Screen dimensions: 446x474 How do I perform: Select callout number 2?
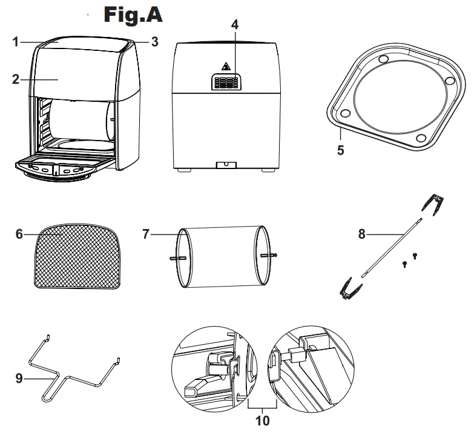pyautogui.click(x=17, y=79)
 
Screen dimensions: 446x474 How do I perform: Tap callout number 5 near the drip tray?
pyautogui.click(x=340, y=149)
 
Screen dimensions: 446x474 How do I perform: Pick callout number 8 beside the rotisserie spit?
pyautogui.click(x=362, y=234)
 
